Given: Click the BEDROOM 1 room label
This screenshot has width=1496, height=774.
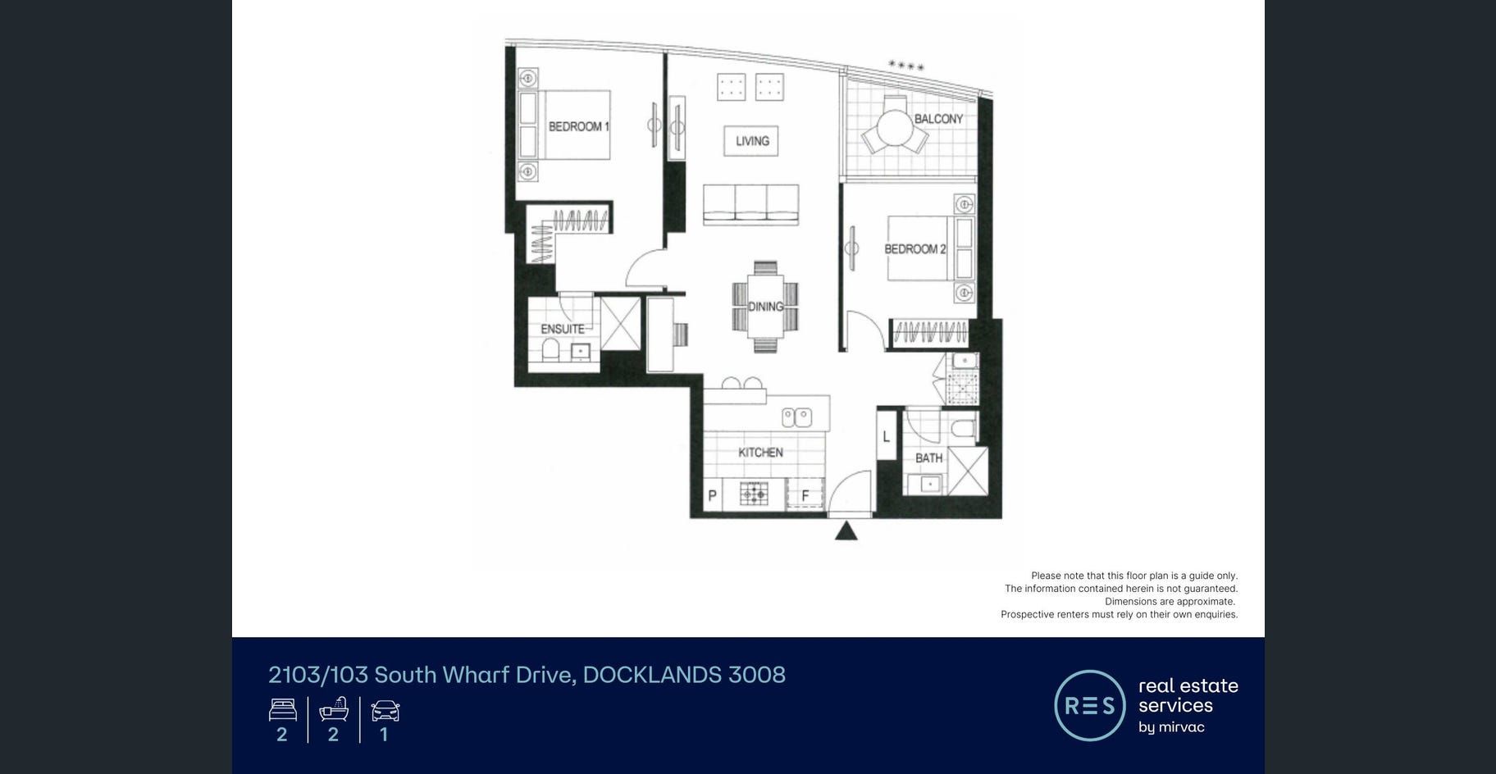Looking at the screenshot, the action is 579,126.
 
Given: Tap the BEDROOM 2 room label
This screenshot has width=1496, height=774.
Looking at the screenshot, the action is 915,248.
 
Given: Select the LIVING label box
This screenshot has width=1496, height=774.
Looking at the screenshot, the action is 752,141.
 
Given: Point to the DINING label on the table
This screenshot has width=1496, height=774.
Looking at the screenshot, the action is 765,307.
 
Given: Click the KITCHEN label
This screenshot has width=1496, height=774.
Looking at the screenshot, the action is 760,452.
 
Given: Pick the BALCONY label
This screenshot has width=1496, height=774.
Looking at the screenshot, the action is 939,119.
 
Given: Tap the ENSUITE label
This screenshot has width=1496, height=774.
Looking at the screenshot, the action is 563,329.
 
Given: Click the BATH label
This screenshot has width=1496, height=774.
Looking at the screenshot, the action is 929,458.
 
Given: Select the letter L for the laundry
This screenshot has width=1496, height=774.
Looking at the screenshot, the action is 886,437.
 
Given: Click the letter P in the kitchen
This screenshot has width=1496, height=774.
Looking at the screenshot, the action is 712,495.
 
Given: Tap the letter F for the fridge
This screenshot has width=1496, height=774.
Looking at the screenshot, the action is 805,495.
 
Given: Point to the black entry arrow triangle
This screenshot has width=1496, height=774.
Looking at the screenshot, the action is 846,531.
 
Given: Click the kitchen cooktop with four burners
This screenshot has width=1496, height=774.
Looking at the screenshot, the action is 754,494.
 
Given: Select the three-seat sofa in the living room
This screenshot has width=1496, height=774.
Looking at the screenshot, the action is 750,204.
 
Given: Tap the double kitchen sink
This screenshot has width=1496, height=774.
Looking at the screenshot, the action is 796,417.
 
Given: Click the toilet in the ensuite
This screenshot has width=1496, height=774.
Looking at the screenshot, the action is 550,350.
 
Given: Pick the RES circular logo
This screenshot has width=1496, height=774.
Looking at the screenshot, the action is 1090,706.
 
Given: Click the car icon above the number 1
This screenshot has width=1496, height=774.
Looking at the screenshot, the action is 385,710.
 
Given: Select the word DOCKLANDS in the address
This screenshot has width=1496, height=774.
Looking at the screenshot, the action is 652,675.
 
